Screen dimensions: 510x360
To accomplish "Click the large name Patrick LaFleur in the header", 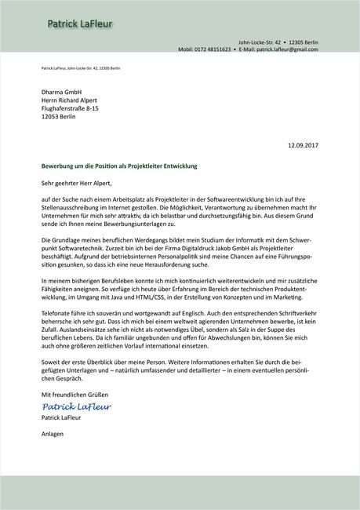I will click(x=79, y=25).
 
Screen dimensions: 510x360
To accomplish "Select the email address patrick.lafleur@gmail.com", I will click(x=286, y=49).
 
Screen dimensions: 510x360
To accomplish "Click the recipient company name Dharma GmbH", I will click(x=61, y=92).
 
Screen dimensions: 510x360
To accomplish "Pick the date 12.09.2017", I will click(x=304, y=145).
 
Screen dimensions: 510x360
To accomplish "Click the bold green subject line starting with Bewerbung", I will click(x=119, y=166).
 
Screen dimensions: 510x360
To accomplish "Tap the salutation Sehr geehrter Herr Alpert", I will click(x=81, y=183).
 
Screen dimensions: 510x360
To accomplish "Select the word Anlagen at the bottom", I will click(x=53, y=433).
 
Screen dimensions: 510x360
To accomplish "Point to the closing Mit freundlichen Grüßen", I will click(x=75, y=393).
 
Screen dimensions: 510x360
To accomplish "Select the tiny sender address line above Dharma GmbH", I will click(x=81, y=69).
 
